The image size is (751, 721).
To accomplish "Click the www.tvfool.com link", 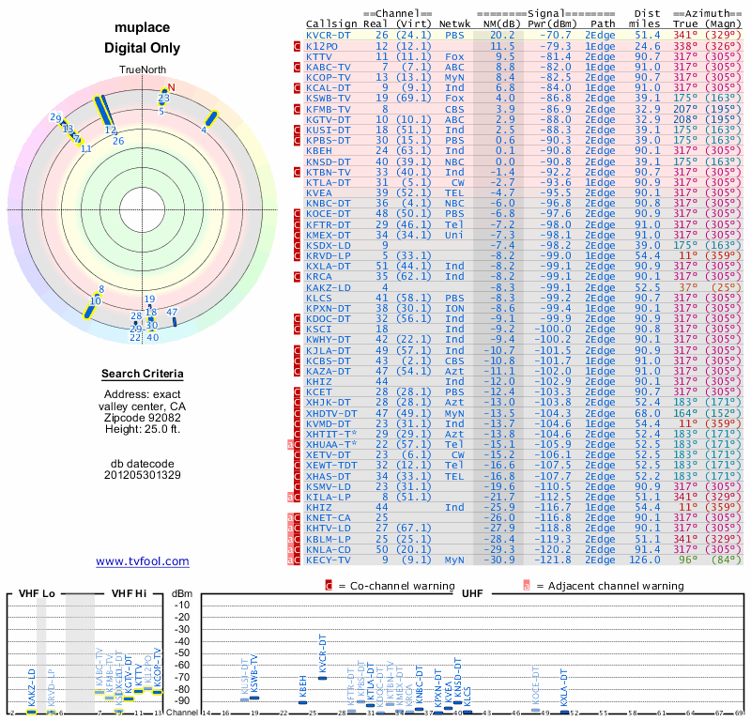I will [143, 561].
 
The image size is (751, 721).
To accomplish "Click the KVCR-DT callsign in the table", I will [329, 35].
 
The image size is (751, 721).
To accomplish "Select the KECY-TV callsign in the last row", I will [329, 560].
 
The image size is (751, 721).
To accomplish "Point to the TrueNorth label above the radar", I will [143, 70].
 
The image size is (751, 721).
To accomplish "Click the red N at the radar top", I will [171, 88].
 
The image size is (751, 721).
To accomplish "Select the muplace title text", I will [143, 29].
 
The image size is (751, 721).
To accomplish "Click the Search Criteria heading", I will [143, 375].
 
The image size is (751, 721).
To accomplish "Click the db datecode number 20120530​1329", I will [143, 474].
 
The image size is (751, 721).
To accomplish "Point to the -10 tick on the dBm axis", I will [181, 605].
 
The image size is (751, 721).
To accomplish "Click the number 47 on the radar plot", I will [172, 312].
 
